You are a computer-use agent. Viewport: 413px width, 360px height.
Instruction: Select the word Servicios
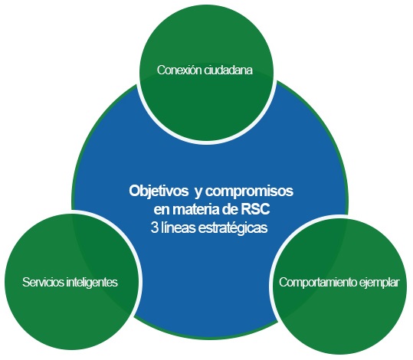tap(44, 282)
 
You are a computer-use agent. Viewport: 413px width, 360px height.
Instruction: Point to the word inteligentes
tap(92, 283)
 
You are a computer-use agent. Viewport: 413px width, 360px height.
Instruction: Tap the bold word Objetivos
tap(159, 191)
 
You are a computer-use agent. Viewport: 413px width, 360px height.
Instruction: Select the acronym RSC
tap(255, 210)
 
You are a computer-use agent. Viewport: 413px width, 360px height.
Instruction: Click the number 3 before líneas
tap(154, 227)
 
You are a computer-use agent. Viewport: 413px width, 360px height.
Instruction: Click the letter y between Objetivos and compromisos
tap(198, 193)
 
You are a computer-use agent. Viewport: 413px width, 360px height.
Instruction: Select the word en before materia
tap(162, 211)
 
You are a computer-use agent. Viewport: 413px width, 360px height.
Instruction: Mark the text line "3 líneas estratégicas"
tap(209, 228)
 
